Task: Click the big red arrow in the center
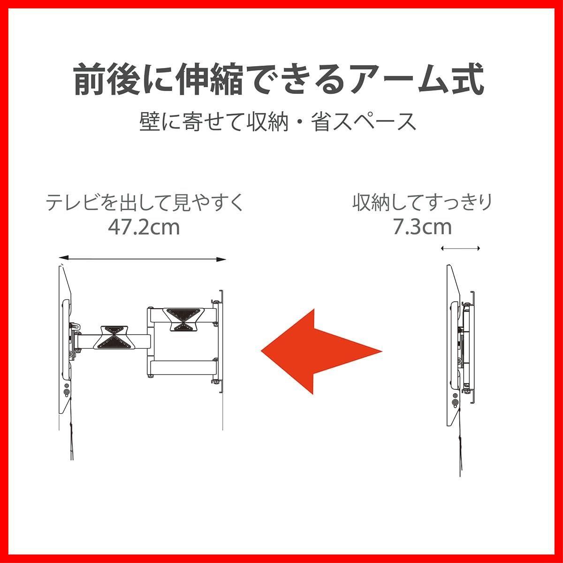(321, 350)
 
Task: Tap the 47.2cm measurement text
(144, 228)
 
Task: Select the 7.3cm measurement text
(422, 228)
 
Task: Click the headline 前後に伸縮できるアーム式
(279, 81)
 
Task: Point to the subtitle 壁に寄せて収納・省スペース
(278, 122)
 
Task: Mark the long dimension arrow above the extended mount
(143, 259)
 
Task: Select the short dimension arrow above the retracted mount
(461, 249)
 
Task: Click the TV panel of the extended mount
(65, 338)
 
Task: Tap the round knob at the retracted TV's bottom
(456, 402)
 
